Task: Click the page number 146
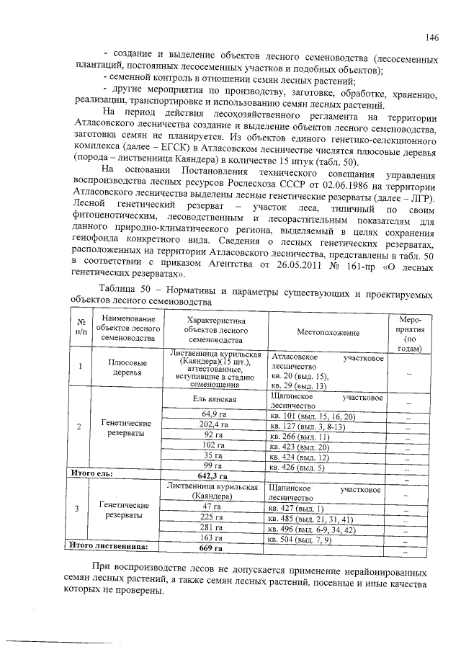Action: coord(431,37)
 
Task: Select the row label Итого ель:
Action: coord(91,475)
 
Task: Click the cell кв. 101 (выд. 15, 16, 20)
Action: coord(309,416)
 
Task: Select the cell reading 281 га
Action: coord(212,528)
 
